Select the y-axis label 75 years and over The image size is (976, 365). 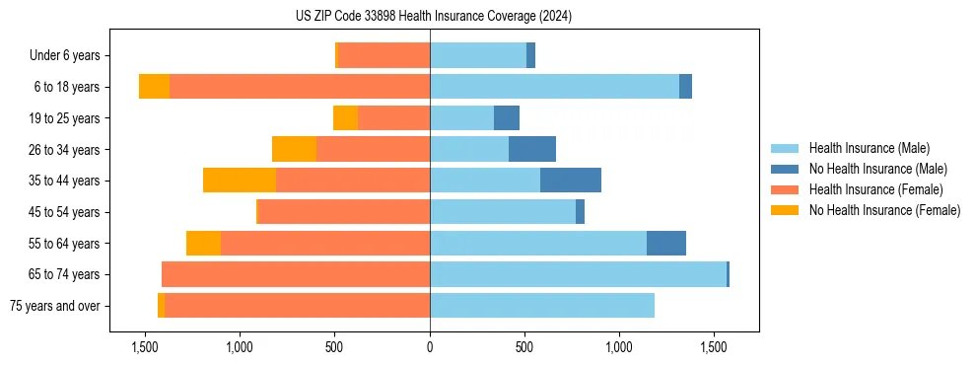[55, 306]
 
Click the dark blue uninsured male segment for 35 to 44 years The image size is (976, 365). [571, 181]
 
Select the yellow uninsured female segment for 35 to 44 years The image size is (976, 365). [240, 181]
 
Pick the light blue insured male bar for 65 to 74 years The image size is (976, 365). [578, 274]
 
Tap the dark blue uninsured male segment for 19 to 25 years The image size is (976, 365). [507, 118]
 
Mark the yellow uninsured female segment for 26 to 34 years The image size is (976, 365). [294, 149]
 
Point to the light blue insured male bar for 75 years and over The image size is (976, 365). [542, 306]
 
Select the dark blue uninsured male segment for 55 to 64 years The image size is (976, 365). [666, 243]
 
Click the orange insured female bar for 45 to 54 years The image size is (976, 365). [344, 212]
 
